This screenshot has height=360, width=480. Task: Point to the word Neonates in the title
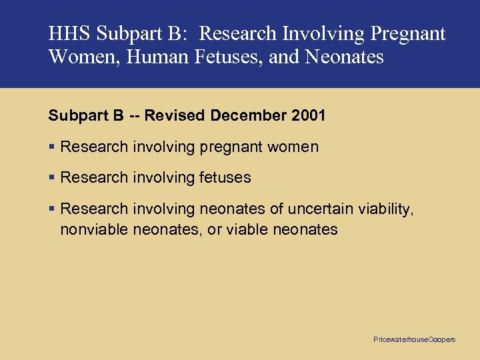coord(344,57)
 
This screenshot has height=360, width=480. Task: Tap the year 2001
coord(309,115)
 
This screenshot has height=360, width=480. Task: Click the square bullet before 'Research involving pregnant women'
coord(51,147)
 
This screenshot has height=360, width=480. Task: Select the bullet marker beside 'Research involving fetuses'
coord(51,177)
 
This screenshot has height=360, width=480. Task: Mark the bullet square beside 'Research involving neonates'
coord(51,209)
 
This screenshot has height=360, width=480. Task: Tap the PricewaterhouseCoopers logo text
coord(414,340)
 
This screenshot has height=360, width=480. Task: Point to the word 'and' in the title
coord(284,57)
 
